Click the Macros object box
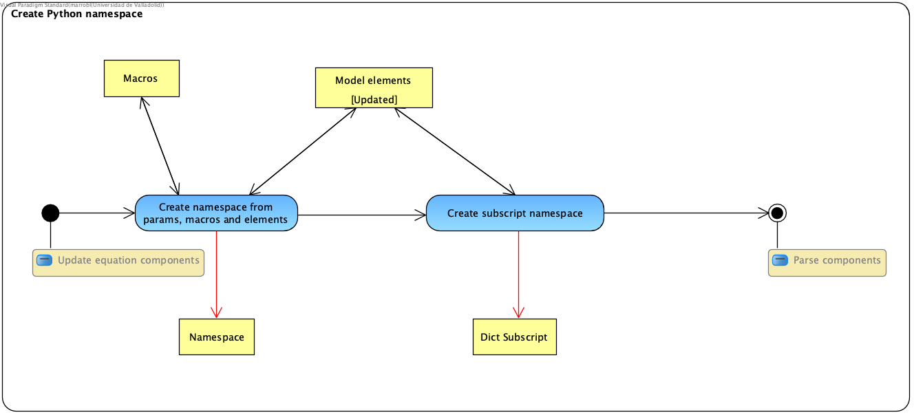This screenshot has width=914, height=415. coord(141,78)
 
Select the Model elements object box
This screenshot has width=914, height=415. coord(374,81)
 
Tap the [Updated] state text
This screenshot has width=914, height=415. coord(374,100)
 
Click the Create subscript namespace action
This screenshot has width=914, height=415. coord(515,213)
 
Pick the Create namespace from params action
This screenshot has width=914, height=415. coord(216,213)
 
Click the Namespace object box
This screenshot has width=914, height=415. coord(217,337)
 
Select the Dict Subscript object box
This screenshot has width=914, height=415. coord(514,337)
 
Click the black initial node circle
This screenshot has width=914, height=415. coord(50,213)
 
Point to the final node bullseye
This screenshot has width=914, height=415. coord(777,213)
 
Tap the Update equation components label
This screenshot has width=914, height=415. coord(128,261)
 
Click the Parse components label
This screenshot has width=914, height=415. coord(836,261)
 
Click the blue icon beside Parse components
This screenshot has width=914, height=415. coord(780,261)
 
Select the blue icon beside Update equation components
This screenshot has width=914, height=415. coord(44,261)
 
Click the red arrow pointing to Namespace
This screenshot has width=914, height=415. coord(217,275)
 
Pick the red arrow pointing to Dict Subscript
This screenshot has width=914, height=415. coord(518,275)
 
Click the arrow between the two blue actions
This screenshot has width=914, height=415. coord(361,215)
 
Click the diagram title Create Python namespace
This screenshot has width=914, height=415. coord(77,14)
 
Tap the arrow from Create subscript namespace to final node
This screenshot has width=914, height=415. coord(685,213)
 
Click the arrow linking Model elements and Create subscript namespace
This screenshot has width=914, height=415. coord(454,151)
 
